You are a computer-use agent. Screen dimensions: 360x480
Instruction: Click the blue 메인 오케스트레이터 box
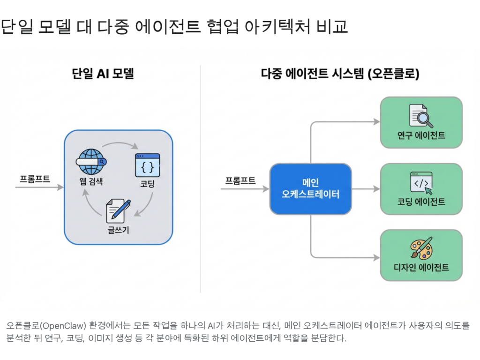(x=310, y=189)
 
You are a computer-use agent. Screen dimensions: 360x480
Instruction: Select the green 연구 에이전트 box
(x=421, y=122)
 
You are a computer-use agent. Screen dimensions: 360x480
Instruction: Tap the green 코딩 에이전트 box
(x=421, y=189)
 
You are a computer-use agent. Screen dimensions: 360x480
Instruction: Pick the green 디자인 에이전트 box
(x=421, y=255)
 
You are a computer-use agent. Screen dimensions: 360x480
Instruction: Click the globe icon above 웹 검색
(x=90, y=161)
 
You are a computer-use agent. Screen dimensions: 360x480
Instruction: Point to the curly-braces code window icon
(x=147, y=165)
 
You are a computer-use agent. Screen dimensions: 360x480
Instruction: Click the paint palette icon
(x=421, y=248)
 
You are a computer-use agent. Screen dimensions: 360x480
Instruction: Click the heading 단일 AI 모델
(x=103, y=74)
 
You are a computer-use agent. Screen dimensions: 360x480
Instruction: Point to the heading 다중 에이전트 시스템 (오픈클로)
(x=340, y=74)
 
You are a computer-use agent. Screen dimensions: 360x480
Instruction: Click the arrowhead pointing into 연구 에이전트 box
(x=376, y=122)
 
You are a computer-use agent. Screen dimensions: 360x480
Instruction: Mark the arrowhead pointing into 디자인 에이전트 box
(x=376, y=257)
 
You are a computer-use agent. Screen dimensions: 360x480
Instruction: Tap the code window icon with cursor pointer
(x=421, y=182)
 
